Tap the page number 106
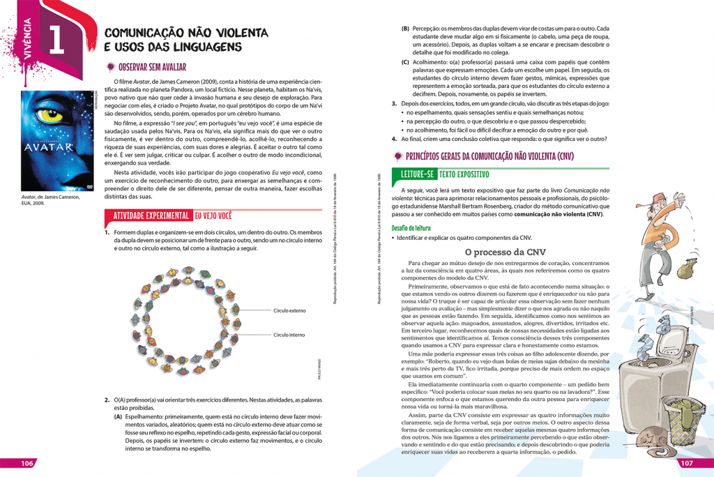pyautogui.click(x=28, y=464)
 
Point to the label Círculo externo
pyautogui.click(x=289, y=310)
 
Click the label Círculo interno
pyautogui.click(x=289, y=335)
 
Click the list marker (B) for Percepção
pyautogui.click(x=405, y=29)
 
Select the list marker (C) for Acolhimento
pyautogui.click(x=405, y=61)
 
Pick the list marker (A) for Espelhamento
pyautogui.click(x=119, y=416)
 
